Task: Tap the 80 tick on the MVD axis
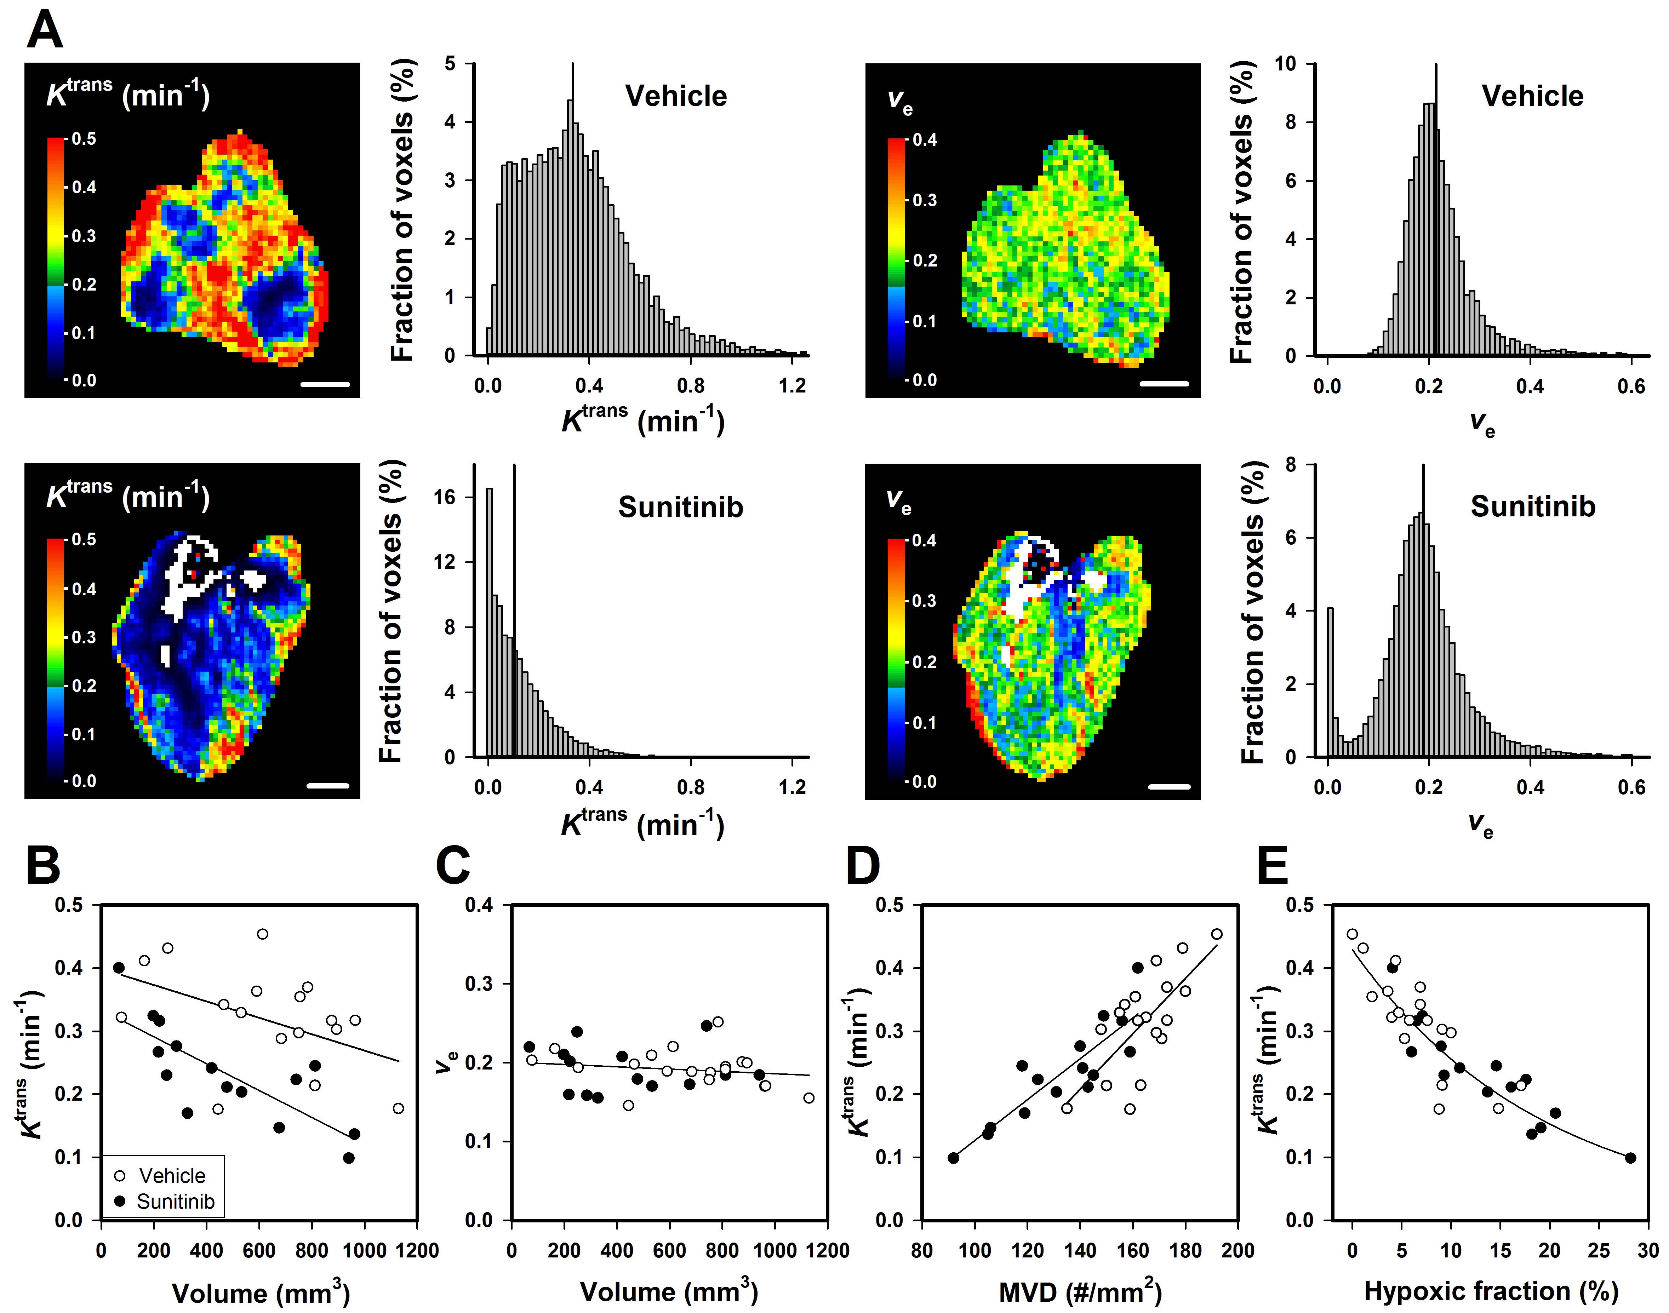click(922, 1251)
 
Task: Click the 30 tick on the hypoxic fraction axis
click(1647, 1251)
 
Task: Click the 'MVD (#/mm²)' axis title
click(1080, 1292)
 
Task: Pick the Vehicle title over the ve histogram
click(1532, 96)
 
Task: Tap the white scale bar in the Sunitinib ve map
click(1169, 786)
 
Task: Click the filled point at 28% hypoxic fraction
click(1630, 1158)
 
